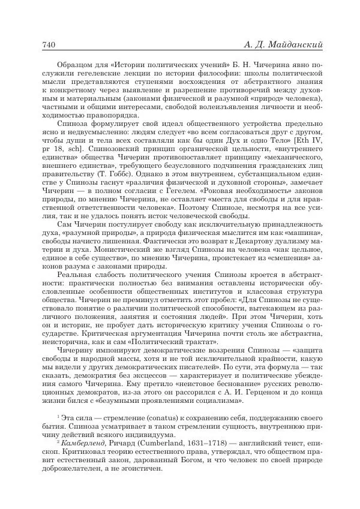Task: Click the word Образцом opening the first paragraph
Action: click(x=74, y=64)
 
